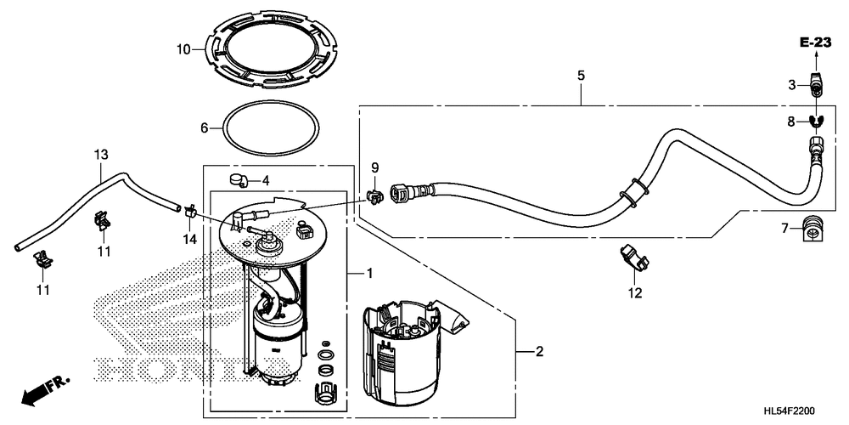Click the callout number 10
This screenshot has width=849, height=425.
(184, 49)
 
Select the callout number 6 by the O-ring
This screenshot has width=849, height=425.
(204, 127)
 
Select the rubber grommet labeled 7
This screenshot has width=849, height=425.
(813, 228)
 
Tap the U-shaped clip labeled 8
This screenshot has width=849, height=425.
(814, 121)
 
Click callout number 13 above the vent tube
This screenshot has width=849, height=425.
(101, 155)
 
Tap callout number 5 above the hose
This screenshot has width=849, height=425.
(581, 76)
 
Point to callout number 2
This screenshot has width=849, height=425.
(539, 351)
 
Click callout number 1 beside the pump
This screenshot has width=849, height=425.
(369, 273)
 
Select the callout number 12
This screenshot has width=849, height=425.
(634, 294)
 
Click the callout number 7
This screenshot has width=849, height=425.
(785, 228)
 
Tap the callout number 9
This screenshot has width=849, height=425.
(374, 167)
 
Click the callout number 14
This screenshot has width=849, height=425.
(189, 240)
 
